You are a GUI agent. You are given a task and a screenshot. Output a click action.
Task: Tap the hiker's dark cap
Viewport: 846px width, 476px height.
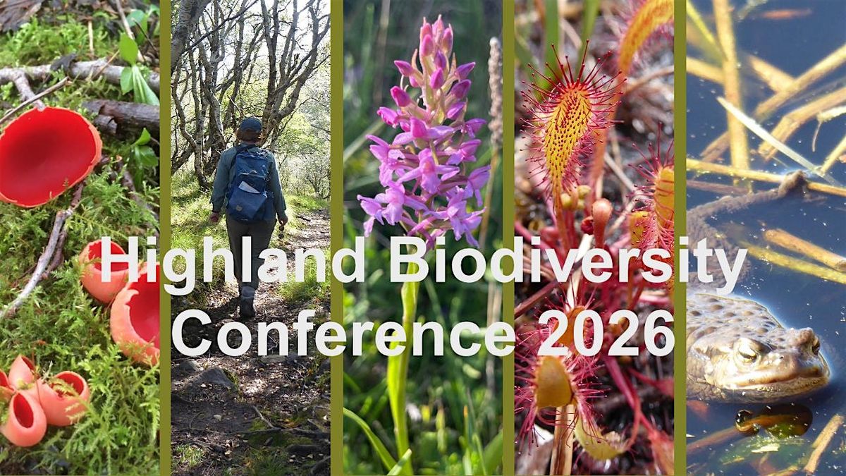click(250, 125)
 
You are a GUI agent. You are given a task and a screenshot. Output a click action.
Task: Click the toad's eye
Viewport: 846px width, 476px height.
click(746, 350)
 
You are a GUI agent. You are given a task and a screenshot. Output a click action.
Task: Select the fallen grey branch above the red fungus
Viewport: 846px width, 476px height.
click(78, 71)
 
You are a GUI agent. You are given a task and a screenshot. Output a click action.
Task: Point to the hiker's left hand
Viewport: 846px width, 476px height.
click(214, 217)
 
